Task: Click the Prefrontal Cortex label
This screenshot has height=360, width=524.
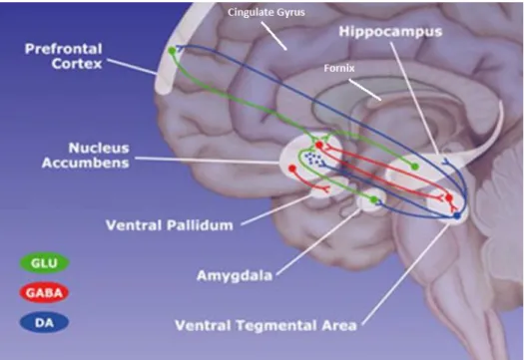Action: click(x=64, y=56)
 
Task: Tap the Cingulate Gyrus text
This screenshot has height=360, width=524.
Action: click(x=266, y=12)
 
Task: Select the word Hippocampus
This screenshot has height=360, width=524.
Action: click(x=390, y=32)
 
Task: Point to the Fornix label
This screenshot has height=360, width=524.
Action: click(x=339, y=68)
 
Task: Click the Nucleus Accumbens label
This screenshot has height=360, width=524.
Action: click(x=86, y=156)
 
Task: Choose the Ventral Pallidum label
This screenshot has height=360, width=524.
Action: click(x=170, y=225)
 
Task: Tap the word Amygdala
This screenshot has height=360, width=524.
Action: click(x=235, y=276)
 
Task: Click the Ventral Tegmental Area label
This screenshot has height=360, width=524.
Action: click(x=266, y=325)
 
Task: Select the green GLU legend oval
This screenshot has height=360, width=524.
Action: click(x=44, y=263)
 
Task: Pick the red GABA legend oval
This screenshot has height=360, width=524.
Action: click(x=44, y=293)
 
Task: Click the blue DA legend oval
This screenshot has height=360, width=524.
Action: click(x=44, y=322)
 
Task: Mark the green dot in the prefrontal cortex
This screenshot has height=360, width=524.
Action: click(x=172, y=51)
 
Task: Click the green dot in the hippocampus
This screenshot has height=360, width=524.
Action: click(x=415, y=167)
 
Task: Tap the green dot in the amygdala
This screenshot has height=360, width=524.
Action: click(x=374, y=199)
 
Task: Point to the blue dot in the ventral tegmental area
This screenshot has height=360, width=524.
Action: click(x=457, y=216)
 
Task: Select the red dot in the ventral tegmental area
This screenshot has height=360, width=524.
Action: click(x=449, y=198)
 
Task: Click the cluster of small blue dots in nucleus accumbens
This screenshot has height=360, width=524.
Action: click(x=314, y=160)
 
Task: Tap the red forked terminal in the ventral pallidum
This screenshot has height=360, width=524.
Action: click(x=325, y=189)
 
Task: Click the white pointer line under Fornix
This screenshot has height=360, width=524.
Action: click(x=365, y=90)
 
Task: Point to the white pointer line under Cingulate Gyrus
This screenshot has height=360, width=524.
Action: click(x=274, y=36)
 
